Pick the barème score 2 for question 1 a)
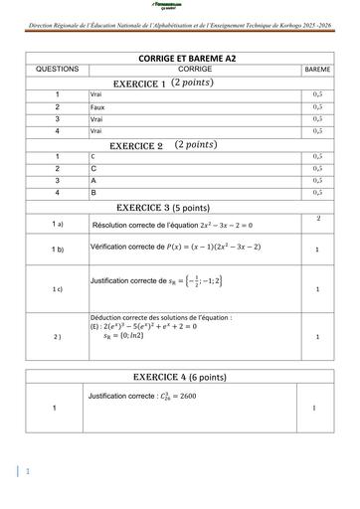tap(317, 218)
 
